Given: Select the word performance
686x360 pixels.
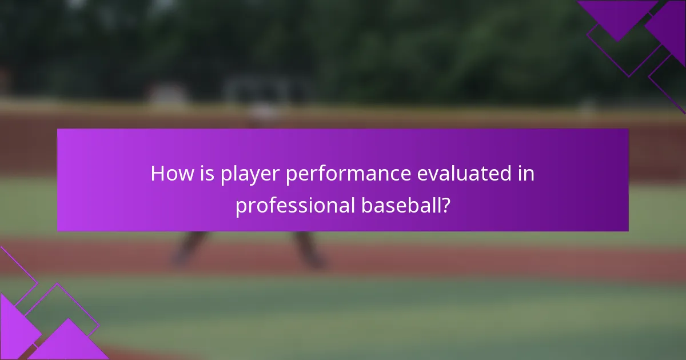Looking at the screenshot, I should (x=348, y=174).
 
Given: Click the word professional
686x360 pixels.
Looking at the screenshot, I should (x=294, y=206).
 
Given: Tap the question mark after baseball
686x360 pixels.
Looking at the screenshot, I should (x=445, y=206).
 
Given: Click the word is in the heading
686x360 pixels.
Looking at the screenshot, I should (x=203, y=174).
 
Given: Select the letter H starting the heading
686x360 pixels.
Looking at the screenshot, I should (x=157, y=174).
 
